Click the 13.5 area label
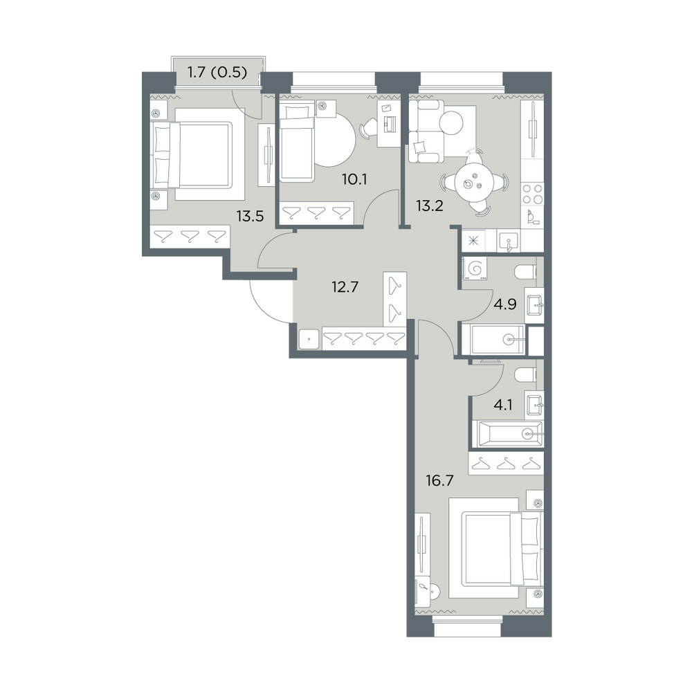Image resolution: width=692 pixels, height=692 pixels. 250,216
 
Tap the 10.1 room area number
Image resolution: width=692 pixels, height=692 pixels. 354,179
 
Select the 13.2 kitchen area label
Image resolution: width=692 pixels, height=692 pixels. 430,206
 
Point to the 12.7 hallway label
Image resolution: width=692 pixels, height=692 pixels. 345,287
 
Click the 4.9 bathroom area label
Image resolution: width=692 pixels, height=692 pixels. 505,304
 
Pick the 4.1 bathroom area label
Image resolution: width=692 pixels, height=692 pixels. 502,405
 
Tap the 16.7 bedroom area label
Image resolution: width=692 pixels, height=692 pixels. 439,480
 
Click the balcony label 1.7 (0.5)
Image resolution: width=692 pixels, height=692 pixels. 217,72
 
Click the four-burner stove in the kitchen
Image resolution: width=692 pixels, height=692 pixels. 532,194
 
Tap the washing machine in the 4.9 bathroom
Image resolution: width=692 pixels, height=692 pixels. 475,268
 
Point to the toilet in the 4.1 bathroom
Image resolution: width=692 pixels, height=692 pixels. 525,374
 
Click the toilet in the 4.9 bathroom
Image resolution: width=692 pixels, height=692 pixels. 525,272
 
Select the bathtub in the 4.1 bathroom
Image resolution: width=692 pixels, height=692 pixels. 508,434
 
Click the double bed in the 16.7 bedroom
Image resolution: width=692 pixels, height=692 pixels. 496,549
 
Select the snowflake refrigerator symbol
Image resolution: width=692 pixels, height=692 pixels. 473,241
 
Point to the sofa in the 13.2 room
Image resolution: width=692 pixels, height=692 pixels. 426,131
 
